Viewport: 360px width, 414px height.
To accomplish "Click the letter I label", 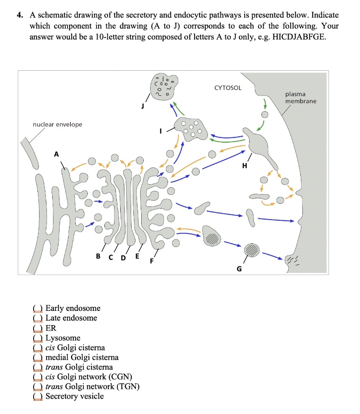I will [x=161, y=131].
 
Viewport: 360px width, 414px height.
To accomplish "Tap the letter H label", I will [x=244, y=165].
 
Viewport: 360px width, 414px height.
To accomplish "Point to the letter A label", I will [x=56, y=154].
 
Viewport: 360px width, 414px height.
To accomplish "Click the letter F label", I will [x=152, y=261].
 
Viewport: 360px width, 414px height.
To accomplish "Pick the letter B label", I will [x=98, y=256].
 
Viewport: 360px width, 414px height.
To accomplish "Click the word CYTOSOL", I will [x=228, y=88].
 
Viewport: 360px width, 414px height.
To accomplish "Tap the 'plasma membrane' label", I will [x=301, y=97].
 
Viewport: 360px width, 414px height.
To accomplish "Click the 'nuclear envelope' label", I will [x=57, y=124].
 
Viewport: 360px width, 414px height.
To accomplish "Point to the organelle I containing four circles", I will [x=191, y=129].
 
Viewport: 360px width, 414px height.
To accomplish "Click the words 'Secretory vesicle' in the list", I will [x=74, y=396].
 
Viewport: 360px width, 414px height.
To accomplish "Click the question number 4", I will [x=19, y=15].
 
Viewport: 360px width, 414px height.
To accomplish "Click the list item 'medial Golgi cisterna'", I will [x=82, y=357].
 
